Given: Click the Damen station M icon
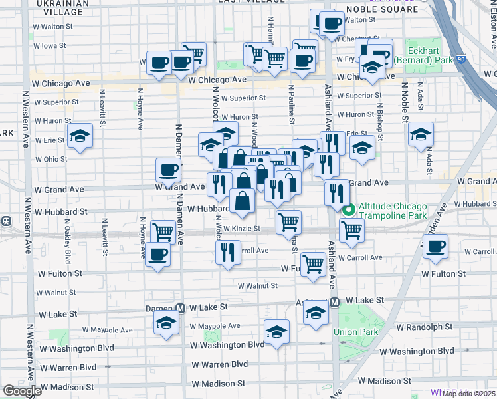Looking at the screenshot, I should point(179,308).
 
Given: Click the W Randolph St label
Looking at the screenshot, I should point(424,327).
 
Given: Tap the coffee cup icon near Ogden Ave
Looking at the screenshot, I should point(435,247).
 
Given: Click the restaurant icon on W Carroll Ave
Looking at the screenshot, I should point(228,253).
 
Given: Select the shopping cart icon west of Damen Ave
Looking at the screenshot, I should point(163,232).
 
